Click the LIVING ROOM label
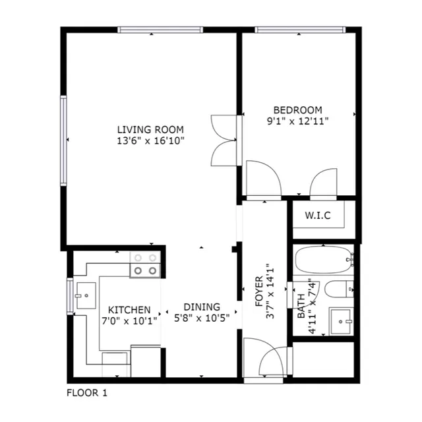pyautogui.click(x=150, y=130)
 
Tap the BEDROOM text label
pyautogui.click(x=297, y=110)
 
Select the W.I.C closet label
pyautogui.click(x=318, y=216)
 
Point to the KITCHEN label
pyautogui.click(x=129, y=310)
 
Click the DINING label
pyautogui.click(x=202, y=307)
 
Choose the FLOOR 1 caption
pyautogui.click(x=87, y=393)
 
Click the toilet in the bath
pyautogui.click(x=339, y=289)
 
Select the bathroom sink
pyautogui.click(x=341, y=321)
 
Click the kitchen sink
pyautogui.click(x=86, y=295)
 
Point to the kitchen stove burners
pyautogui.click(x=145, y=264)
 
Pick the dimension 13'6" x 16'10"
pyautogui.click(x=150, y=140)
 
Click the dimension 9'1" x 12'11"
pyautogui.click(x=297, y=121)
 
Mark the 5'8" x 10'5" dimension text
pyautogui.click(x=202, y=318)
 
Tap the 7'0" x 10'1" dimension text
pyautogui.click(x=129, y=321)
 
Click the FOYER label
pyautogui.click(x=259, y=291)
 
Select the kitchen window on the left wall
pyautogui.click(x=70, y=296)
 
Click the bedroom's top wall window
pyautogui.click(x=300, y=30)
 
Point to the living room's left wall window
pyautogui.click(x=63, y=140)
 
